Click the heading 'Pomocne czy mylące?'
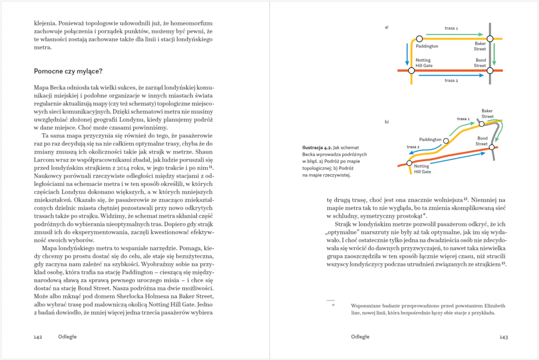68,71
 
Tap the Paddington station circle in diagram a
419,38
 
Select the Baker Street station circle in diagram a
490,38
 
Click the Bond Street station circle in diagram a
490,70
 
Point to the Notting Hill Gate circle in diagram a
412,70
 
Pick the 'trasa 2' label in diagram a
451,81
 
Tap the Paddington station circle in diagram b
446,141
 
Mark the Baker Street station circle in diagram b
481,124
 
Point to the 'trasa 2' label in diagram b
413,146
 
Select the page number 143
503,336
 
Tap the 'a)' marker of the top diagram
387,26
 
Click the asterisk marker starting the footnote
333,305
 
